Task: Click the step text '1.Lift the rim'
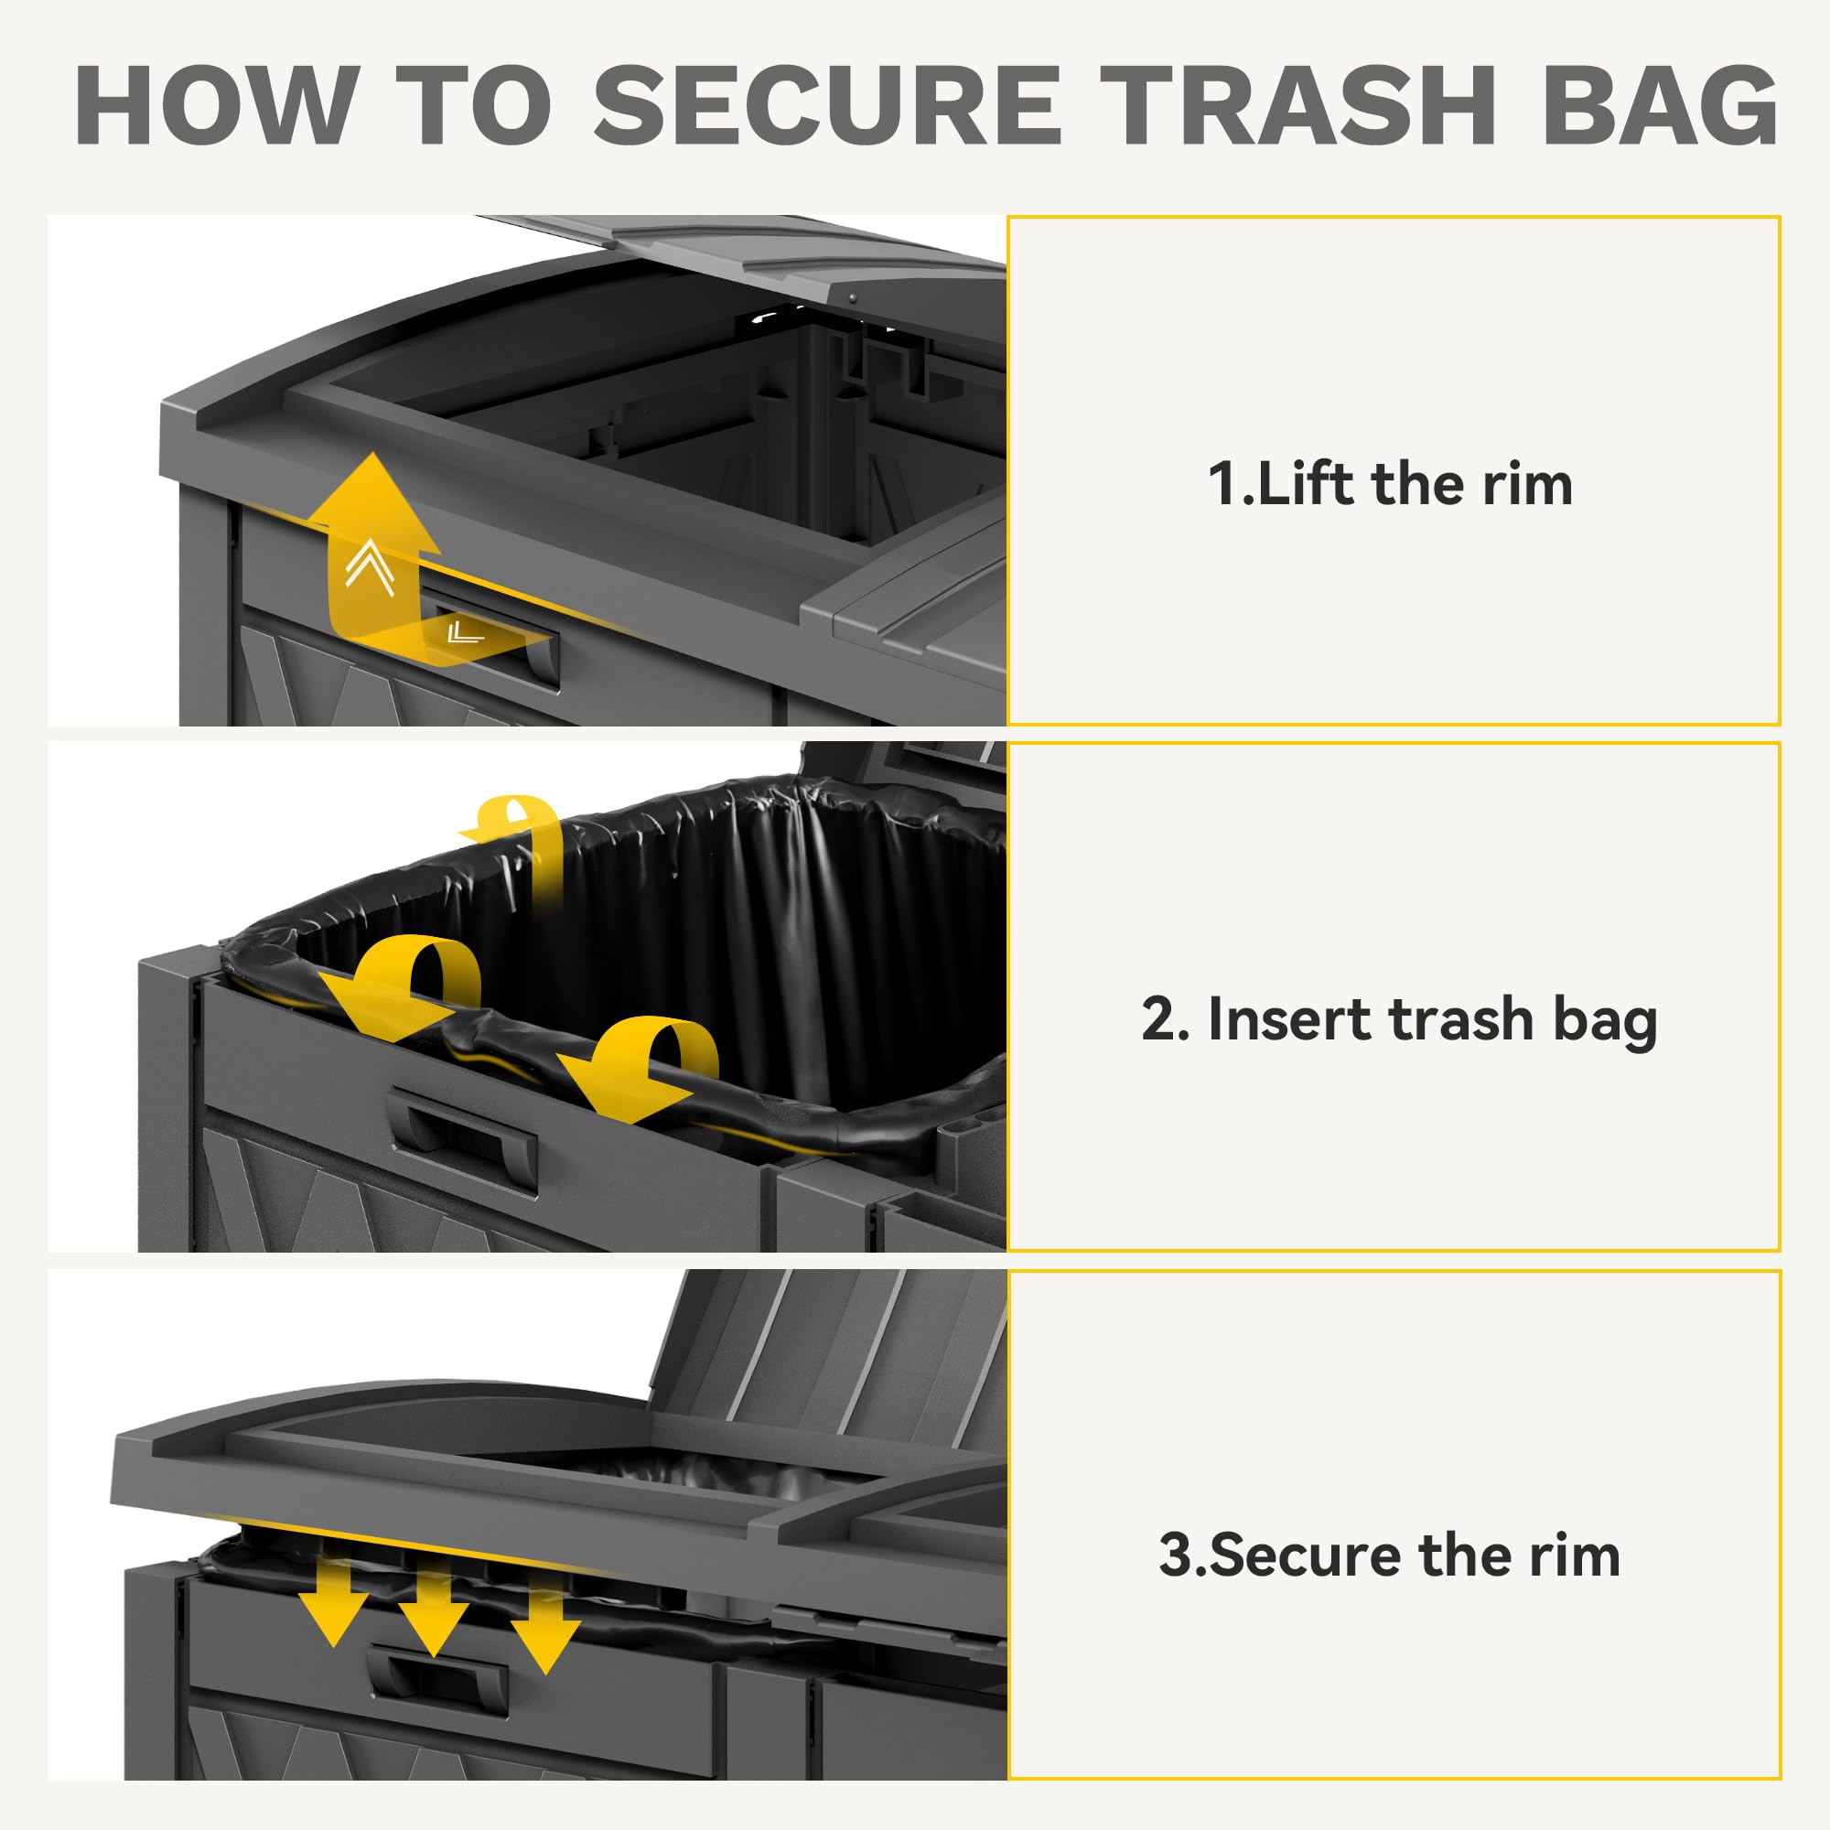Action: [x=1390, y=484]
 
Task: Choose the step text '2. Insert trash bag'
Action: [x=1399, y=1021]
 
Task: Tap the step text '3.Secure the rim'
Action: [x=1390, y=1555]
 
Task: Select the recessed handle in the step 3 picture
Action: [x=437, y=1691]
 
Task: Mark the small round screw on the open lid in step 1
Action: [x=853, y=297]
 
